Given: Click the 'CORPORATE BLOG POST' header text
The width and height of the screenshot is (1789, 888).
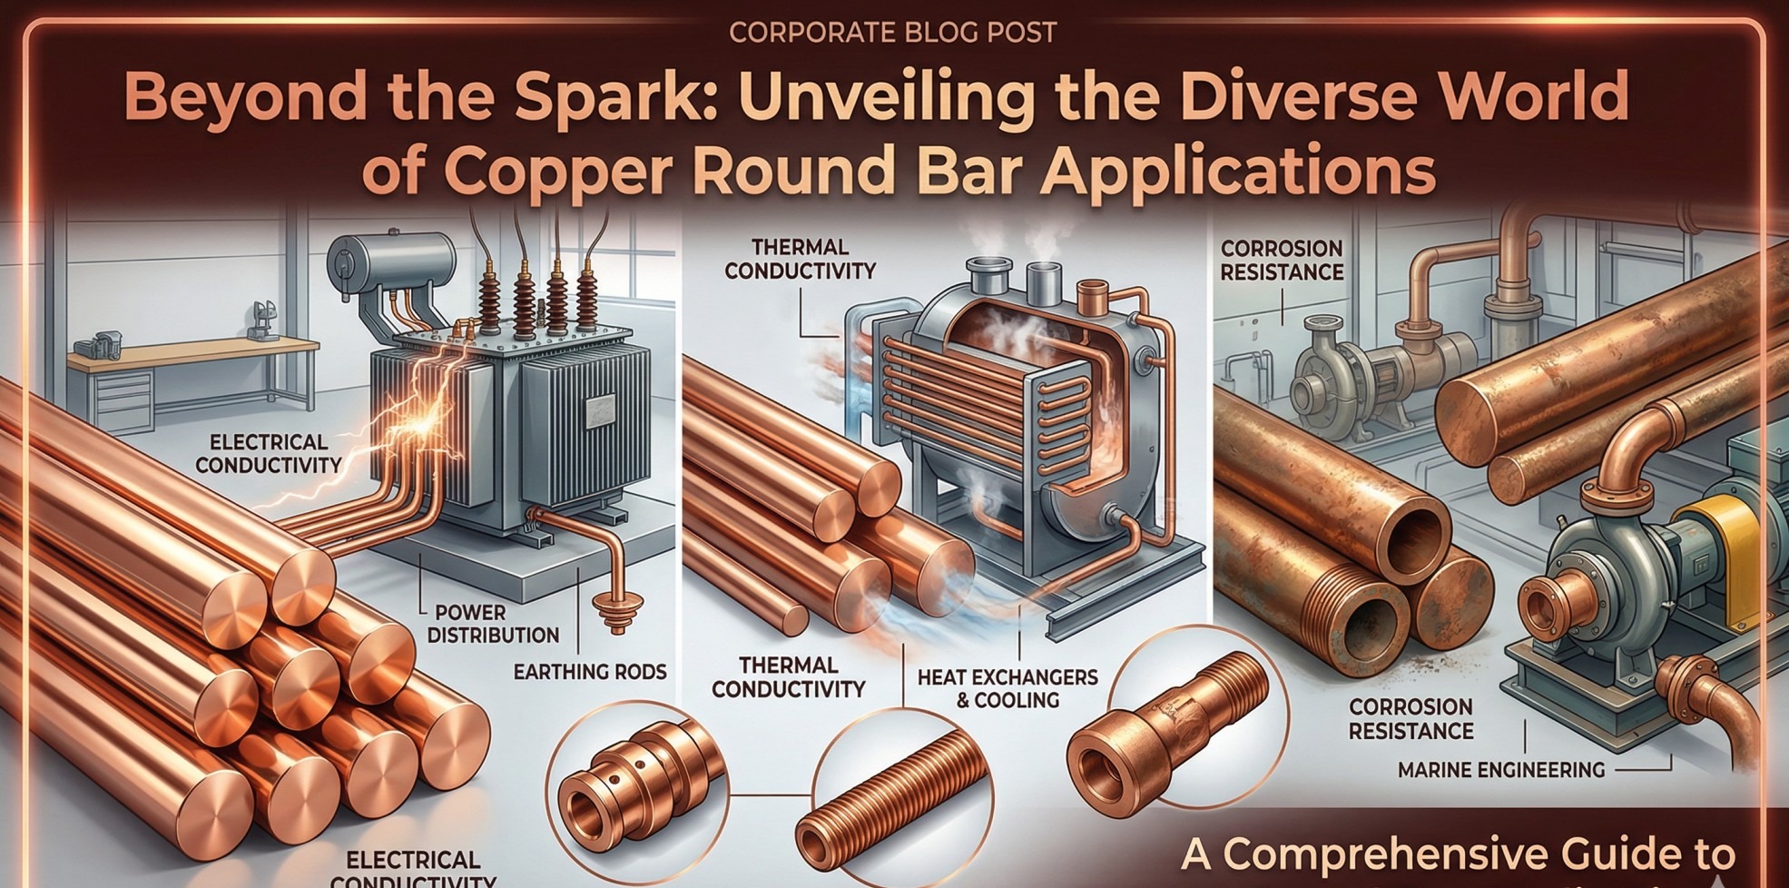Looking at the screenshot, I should (892, 33).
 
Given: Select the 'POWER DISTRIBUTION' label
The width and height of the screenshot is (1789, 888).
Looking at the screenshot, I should (493, 623).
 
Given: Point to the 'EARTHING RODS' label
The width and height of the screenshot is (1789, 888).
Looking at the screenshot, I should (590, 672).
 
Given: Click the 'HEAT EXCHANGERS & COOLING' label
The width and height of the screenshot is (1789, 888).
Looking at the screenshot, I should (1008, 688).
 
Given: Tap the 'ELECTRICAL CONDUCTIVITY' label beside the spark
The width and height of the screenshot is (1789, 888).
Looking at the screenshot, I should (269, 453).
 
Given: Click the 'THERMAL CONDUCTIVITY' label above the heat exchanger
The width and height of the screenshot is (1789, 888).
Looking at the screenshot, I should (800, 259).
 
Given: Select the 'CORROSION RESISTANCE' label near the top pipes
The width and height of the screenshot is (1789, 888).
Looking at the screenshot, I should (1281, 260).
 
